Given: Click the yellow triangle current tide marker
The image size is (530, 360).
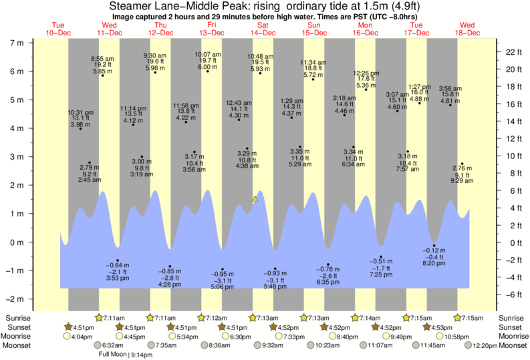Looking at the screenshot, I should click(255, 199).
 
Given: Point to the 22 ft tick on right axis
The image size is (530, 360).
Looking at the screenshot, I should click(509, 52).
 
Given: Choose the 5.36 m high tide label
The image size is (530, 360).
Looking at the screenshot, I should click(364, 85).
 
